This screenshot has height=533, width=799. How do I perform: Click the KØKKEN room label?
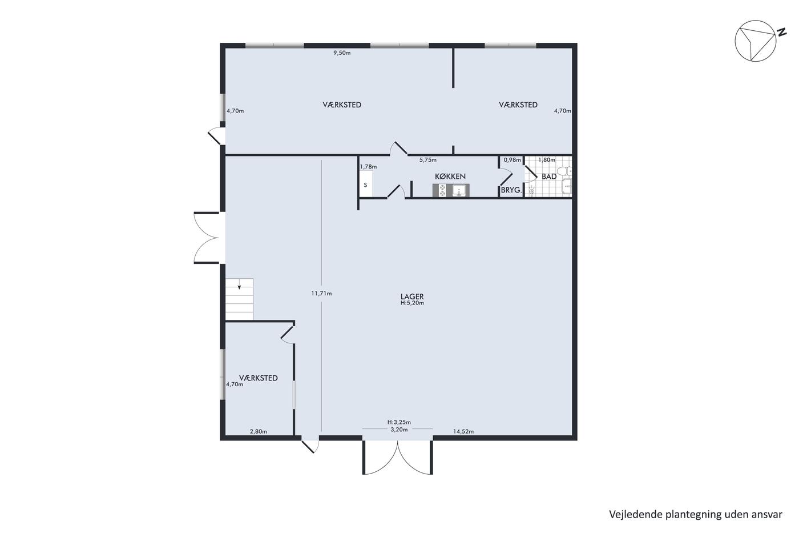click(x=450, y=177)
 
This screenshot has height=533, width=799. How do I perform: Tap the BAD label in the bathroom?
click(x=549, y=177)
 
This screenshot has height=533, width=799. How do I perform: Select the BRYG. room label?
click(x=511, y=190)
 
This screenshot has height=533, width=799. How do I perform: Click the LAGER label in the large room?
click(x=412, y=296)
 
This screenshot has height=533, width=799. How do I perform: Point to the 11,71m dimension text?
click(x=321, y=294)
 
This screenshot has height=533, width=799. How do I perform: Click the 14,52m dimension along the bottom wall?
click(x=463, y=431)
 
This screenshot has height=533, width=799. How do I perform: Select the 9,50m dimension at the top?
click(x=342, y=53)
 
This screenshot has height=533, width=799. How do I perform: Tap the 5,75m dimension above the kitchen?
click(x=427, y=160)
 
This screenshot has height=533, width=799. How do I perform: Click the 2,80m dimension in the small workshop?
click(x=258, y=431)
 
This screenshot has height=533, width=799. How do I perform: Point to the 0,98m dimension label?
click(x=513, y=160)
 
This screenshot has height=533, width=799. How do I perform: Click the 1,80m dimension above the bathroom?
click(x=547, y=160)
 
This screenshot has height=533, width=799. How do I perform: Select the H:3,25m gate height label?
click(x=399, y=422)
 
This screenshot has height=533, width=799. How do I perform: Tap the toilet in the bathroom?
click(x=564, y=172)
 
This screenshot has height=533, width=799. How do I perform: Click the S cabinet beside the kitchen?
click(x=366, y=183)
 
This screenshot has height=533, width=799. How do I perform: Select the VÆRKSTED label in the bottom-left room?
click(x=258, y=378)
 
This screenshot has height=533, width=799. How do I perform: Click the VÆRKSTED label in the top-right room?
click(x=518, y=105)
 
